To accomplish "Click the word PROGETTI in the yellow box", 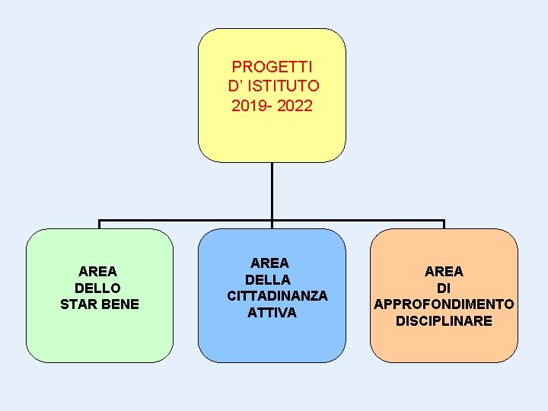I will (272, 67).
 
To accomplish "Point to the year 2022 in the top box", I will (295, 106).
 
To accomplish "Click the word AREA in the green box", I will (98, 271).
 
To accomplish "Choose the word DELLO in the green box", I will (98, 288).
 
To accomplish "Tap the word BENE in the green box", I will (119, 304).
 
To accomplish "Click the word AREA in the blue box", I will (270, 263).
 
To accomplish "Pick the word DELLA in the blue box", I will (268, 279).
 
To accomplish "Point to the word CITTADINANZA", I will (277, 295).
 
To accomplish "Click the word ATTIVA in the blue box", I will (272, 312).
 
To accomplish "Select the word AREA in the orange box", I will (444, 271).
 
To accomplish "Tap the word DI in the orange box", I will (444, 288).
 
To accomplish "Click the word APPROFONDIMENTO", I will (444, 304).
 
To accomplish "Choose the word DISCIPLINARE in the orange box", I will (444, 321).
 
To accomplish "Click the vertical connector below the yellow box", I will (272, 190).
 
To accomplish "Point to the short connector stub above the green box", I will (99, 225).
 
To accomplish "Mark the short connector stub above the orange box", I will (444, 225).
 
